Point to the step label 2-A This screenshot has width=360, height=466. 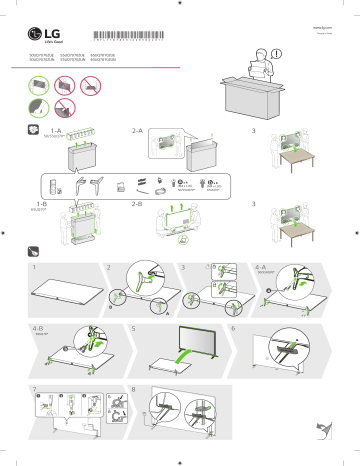point(141,131)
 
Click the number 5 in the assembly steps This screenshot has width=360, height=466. point(134,326)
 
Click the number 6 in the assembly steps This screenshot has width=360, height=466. point(233,326)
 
